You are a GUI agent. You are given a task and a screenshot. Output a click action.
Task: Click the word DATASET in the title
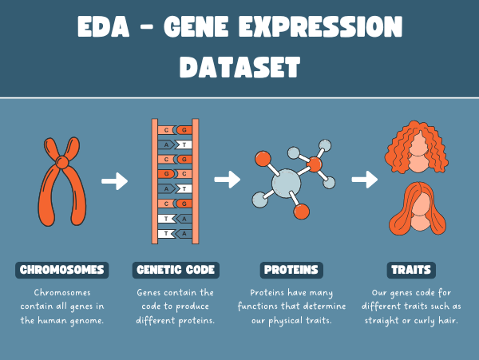239,67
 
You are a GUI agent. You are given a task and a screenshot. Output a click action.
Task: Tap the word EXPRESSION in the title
320,26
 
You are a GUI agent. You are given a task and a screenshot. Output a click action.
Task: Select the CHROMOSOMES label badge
62,270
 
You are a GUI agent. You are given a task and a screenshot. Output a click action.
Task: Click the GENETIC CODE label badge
176,270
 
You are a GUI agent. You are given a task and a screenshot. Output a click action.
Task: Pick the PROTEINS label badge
291,270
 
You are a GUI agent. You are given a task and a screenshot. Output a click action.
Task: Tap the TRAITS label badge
411,270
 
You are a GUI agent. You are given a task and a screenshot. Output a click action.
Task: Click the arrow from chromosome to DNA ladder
114,181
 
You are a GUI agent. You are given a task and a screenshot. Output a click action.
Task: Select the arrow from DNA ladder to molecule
228,180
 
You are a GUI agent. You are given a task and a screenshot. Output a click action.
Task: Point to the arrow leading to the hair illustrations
365,180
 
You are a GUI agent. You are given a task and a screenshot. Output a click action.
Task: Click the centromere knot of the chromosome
62,162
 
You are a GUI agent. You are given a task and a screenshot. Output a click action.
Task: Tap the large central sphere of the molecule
287,184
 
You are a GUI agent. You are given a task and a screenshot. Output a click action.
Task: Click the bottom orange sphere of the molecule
302,212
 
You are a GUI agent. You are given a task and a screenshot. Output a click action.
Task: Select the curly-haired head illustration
417,147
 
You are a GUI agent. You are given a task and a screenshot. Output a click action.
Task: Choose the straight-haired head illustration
418,208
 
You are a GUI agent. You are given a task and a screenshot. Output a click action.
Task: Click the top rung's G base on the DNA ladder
184,130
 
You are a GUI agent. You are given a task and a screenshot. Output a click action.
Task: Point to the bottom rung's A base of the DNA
184,234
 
